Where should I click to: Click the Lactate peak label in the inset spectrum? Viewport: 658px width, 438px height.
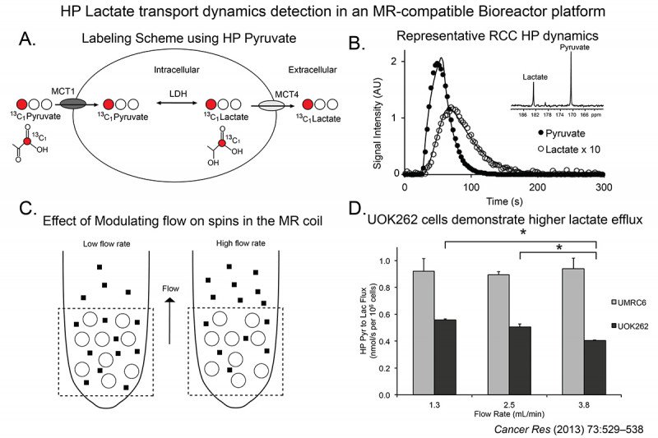pos(534,76)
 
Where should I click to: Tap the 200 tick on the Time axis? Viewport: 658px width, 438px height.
pos(538,187)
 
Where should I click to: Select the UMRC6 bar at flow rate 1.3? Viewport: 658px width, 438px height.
pos(424,334)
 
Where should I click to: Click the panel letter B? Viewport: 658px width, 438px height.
pos(359,42)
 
